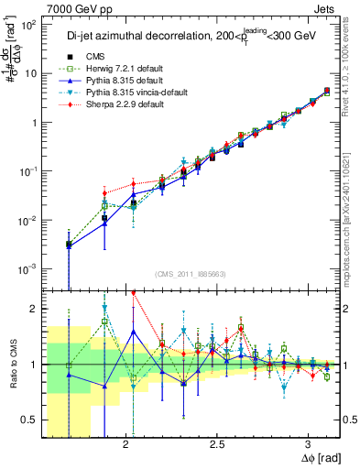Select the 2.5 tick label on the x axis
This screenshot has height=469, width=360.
click(x=217, y=444)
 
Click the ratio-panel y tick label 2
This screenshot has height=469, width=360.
click(x=33, y=309)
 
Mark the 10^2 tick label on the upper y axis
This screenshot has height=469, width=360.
click(x=27, y=26)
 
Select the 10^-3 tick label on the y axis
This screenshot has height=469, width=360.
click(x=27, y=268)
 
